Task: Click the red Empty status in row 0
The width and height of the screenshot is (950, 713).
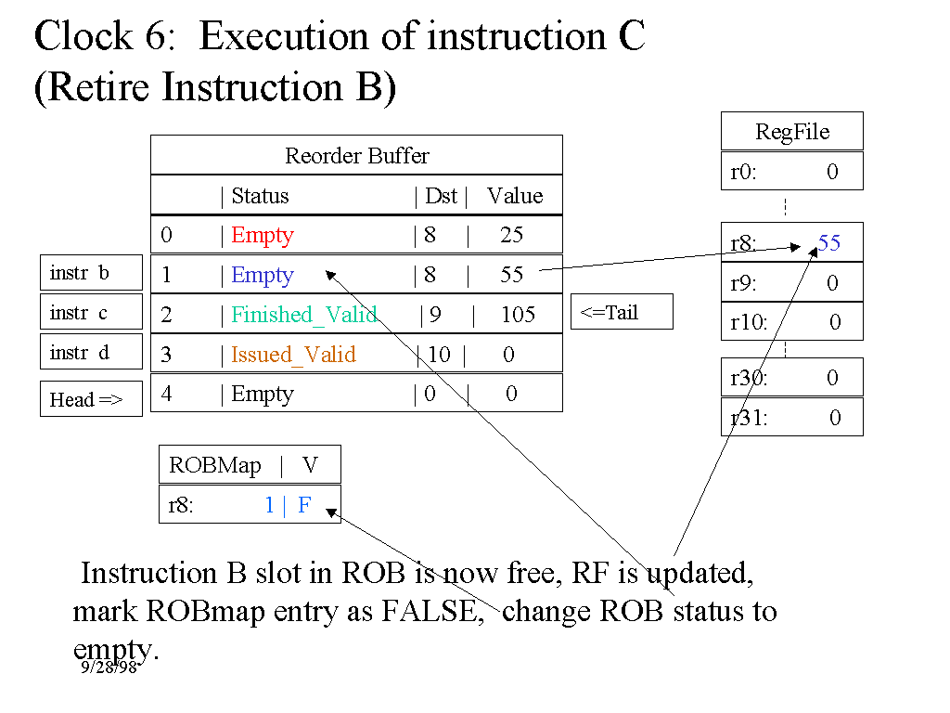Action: tap(263, 236)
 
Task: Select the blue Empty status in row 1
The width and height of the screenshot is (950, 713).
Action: tap(263, 276)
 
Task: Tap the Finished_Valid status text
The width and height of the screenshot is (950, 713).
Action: tap(304, 315)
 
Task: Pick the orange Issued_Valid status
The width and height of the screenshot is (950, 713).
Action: tap(293, 355)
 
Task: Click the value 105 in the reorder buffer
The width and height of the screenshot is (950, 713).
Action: tap(518, 315)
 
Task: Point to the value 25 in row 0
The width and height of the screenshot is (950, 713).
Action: tap(512, 236)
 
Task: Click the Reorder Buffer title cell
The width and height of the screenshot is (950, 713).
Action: tap(356, 155)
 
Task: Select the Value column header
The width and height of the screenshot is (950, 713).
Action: tap(515, 196)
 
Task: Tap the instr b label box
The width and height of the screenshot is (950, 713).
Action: tap(91, 273)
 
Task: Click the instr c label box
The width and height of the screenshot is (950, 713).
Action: tap(91, 313)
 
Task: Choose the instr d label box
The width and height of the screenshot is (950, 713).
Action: tap(91, 353)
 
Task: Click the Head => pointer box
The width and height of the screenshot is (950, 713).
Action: tap(91, 399)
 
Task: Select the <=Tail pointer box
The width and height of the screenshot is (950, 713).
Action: tap(621, 312)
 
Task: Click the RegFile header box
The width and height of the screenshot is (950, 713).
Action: tap(791, 132)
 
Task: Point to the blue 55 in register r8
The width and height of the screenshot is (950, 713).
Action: tap(829, 243)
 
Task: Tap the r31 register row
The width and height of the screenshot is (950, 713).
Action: tap(791, 418)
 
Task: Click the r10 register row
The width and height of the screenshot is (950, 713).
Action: tap(791, 322)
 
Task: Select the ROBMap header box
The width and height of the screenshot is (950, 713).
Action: tap(250, 465)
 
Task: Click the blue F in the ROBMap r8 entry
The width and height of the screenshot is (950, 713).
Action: tap(304, 506)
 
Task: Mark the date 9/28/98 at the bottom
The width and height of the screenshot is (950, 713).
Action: tap(109, 667)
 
